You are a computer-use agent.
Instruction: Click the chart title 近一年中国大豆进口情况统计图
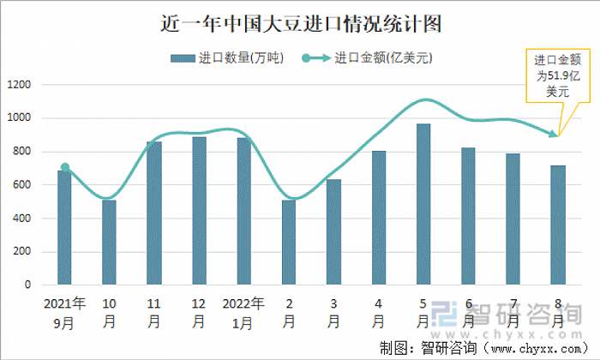point(301,24)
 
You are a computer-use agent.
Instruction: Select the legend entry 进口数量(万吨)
point(228,58)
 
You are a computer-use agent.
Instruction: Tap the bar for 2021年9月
point(64,227)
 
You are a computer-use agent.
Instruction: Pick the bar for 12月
point(199,210)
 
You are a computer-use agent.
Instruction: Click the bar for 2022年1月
point(243,211)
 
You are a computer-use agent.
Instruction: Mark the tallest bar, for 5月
point(423,204)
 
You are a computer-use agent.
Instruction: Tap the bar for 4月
point(379,218)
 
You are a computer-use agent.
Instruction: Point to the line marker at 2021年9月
point(64,168)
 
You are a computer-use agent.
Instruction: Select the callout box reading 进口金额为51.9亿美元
point(557,75)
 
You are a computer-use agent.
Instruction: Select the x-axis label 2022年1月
point(243,313)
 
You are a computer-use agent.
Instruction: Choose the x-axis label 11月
point(153,313)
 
